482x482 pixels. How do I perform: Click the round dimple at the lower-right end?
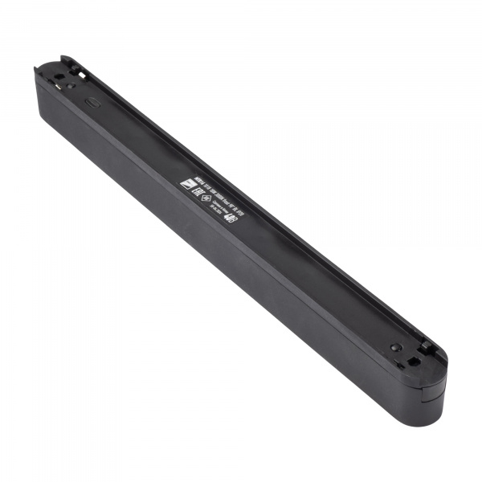click(x=396, y=347)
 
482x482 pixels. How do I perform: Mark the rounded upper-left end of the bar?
click(x=44, y=80)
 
